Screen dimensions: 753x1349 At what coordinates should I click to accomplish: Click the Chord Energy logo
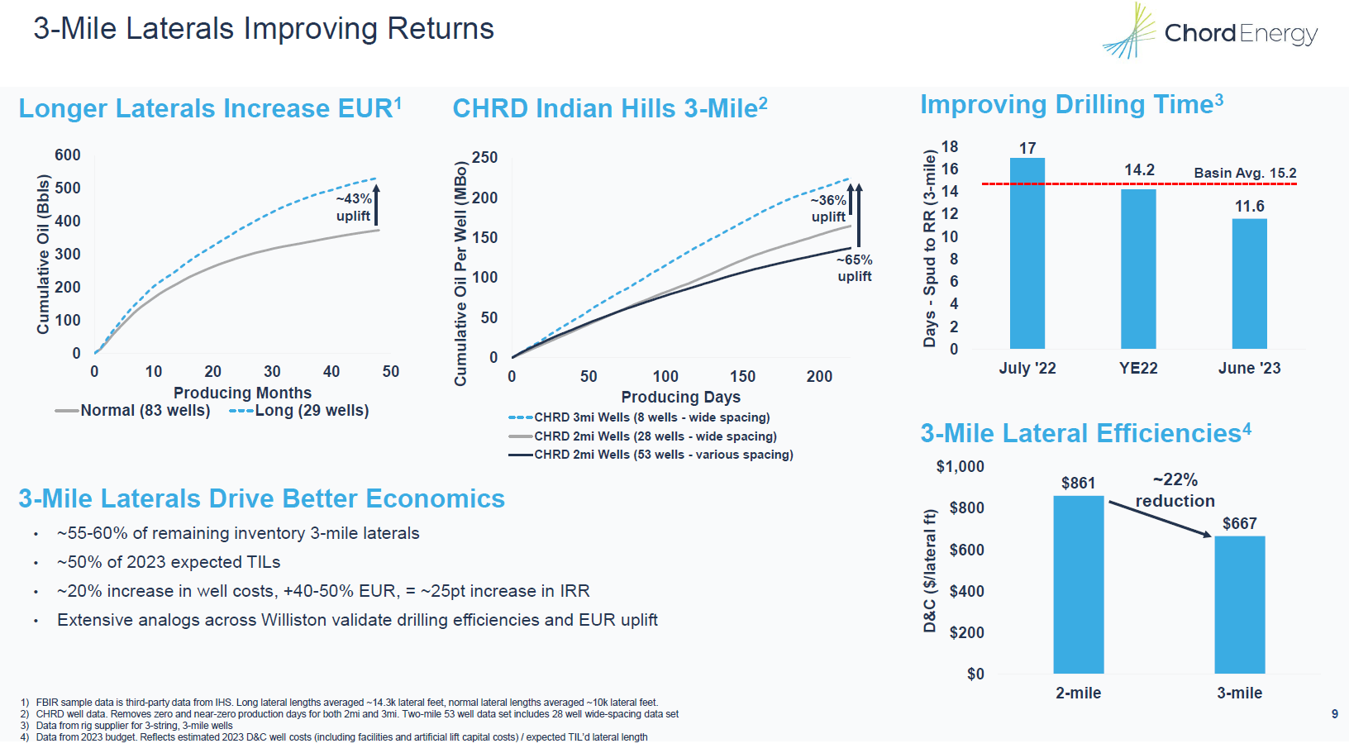pyautogui.click(x=1209, y=32)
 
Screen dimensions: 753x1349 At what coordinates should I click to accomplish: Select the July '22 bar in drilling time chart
pyautogui.click(x=1027, y=253)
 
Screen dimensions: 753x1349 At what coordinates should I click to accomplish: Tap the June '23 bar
pyautogui.click(x=1249, y=283)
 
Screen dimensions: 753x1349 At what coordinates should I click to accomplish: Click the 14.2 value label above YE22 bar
pyautogui.click(x=1139, y=170)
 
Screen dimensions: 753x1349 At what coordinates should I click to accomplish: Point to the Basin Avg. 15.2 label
pyautogui.click(x=1245, y=173)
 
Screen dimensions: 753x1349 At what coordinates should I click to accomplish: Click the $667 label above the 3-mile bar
pyautogui.click(x=1239, y=523)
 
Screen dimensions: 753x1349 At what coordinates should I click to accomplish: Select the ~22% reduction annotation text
pyautogui.click(x=1175, y=490)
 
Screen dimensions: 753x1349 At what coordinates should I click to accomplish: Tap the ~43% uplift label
pyautogui.click(x=354, y=207)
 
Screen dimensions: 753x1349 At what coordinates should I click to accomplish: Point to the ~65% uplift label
pyautogui.click(x=854, y=268)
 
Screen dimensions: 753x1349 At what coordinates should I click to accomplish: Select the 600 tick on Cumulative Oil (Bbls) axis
pyautogui.click(x=68, y=155)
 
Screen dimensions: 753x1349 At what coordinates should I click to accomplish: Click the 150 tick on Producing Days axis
pyautogui.click(x=741, y=377)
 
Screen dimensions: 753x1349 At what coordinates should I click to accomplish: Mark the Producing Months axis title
pyautogui.click(x=242, y=393)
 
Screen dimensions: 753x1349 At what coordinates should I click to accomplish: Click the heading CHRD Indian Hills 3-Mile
pyautogui.click(x=610, y=108)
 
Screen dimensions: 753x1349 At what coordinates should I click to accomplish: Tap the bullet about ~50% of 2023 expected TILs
pyautogui.click(x=169, y=562)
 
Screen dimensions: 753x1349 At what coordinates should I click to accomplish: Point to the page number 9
pyautogui.click(x=1334, y=714)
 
